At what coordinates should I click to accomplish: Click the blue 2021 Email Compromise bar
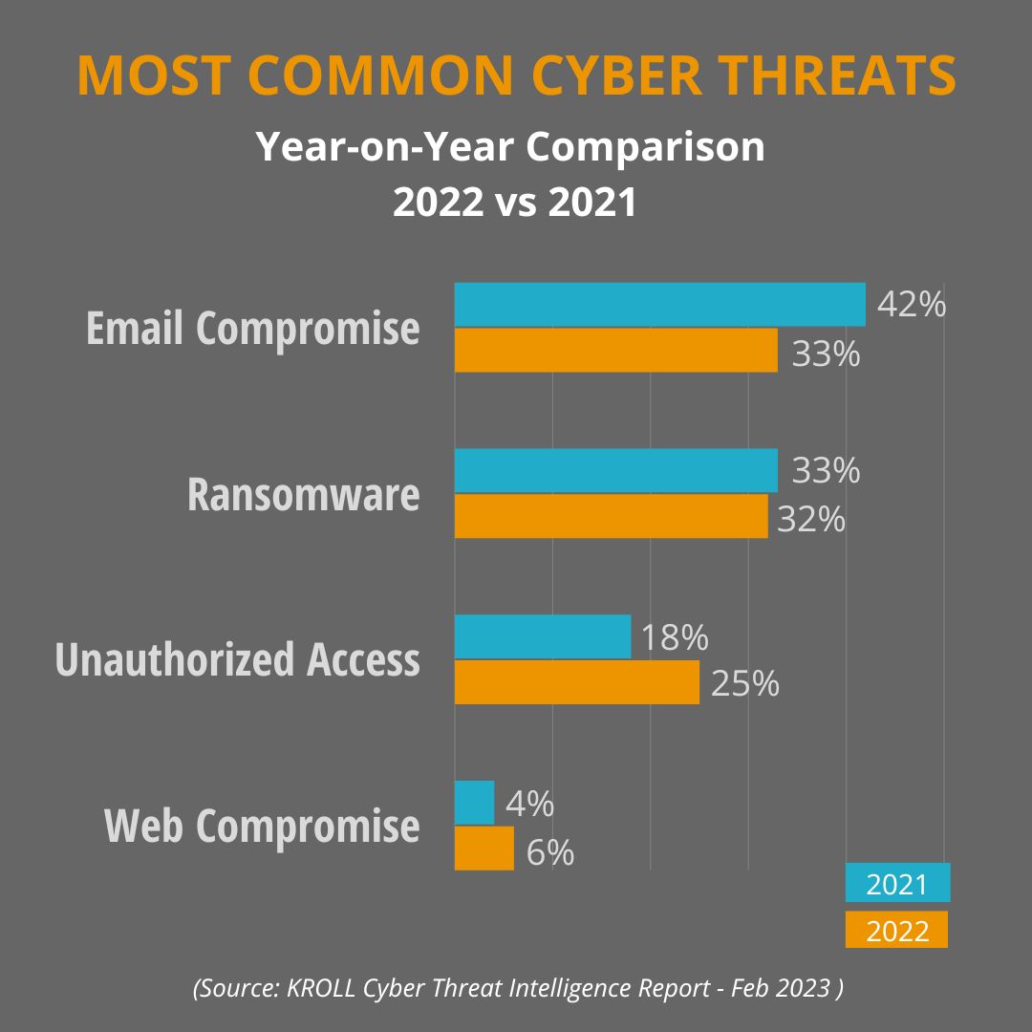[659, 305]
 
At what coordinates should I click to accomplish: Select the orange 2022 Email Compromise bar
[615, 351]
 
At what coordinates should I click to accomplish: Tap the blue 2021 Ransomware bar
[615, 470]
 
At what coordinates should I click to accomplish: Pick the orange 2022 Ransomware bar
[611, 516]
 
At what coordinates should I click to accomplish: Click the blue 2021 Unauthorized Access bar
[543, 636]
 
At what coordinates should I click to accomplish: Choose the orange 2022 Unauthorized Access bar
[576, 682]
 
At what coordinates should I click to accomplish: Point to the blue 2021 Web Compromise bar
[474, 803]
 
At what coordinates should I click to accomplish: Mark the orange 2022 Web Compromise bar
[484, 849]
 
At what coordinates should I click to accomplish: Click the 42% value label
[911, 305]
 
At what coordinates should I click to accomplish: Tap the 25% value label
[744, 683]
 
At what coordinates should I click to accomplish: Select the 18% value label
[674, 637]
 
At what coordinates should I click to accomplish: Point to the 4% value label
[529, 804]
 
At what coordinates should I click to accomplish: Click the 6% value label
[549, 852]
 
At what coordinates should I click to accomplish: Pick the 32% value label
[811, 519]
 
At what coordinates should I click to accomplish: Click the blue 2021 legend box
[897, 883]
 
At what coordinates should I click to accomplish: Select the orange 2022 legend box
[896, 930]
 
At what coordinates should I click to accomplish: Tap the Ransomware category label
[303, 495]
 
